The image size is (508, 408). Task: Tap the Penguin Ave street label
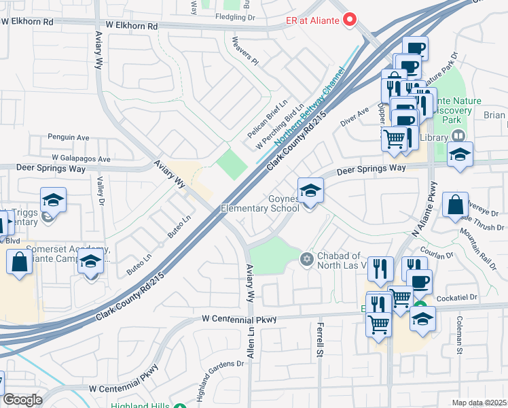[x=68, y=137]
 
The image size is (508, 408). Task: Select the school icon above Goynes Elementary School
[x=310, y=190]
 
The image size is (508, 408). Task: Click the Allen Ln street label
[x=251, y=341]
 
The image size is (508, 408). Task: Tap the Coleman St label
[x=460, y=336]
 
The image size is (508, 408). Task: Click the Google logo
[x=22, y=400]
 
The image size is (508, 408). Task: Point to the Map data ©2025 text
[x=478, y=403]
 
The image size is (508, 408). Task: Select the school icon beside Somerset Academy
[x=90, y=262]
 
